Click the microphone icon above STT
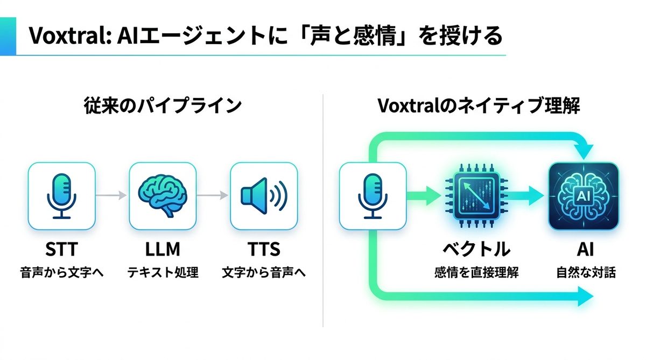tap(61, 196)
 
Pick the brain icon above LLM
tap(163, 196)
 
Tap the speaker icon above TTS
tap(264, 196)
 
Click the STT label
tap(61, 250)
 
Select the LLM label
tap(163, 250)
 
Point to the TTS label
tap(264, 250)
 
